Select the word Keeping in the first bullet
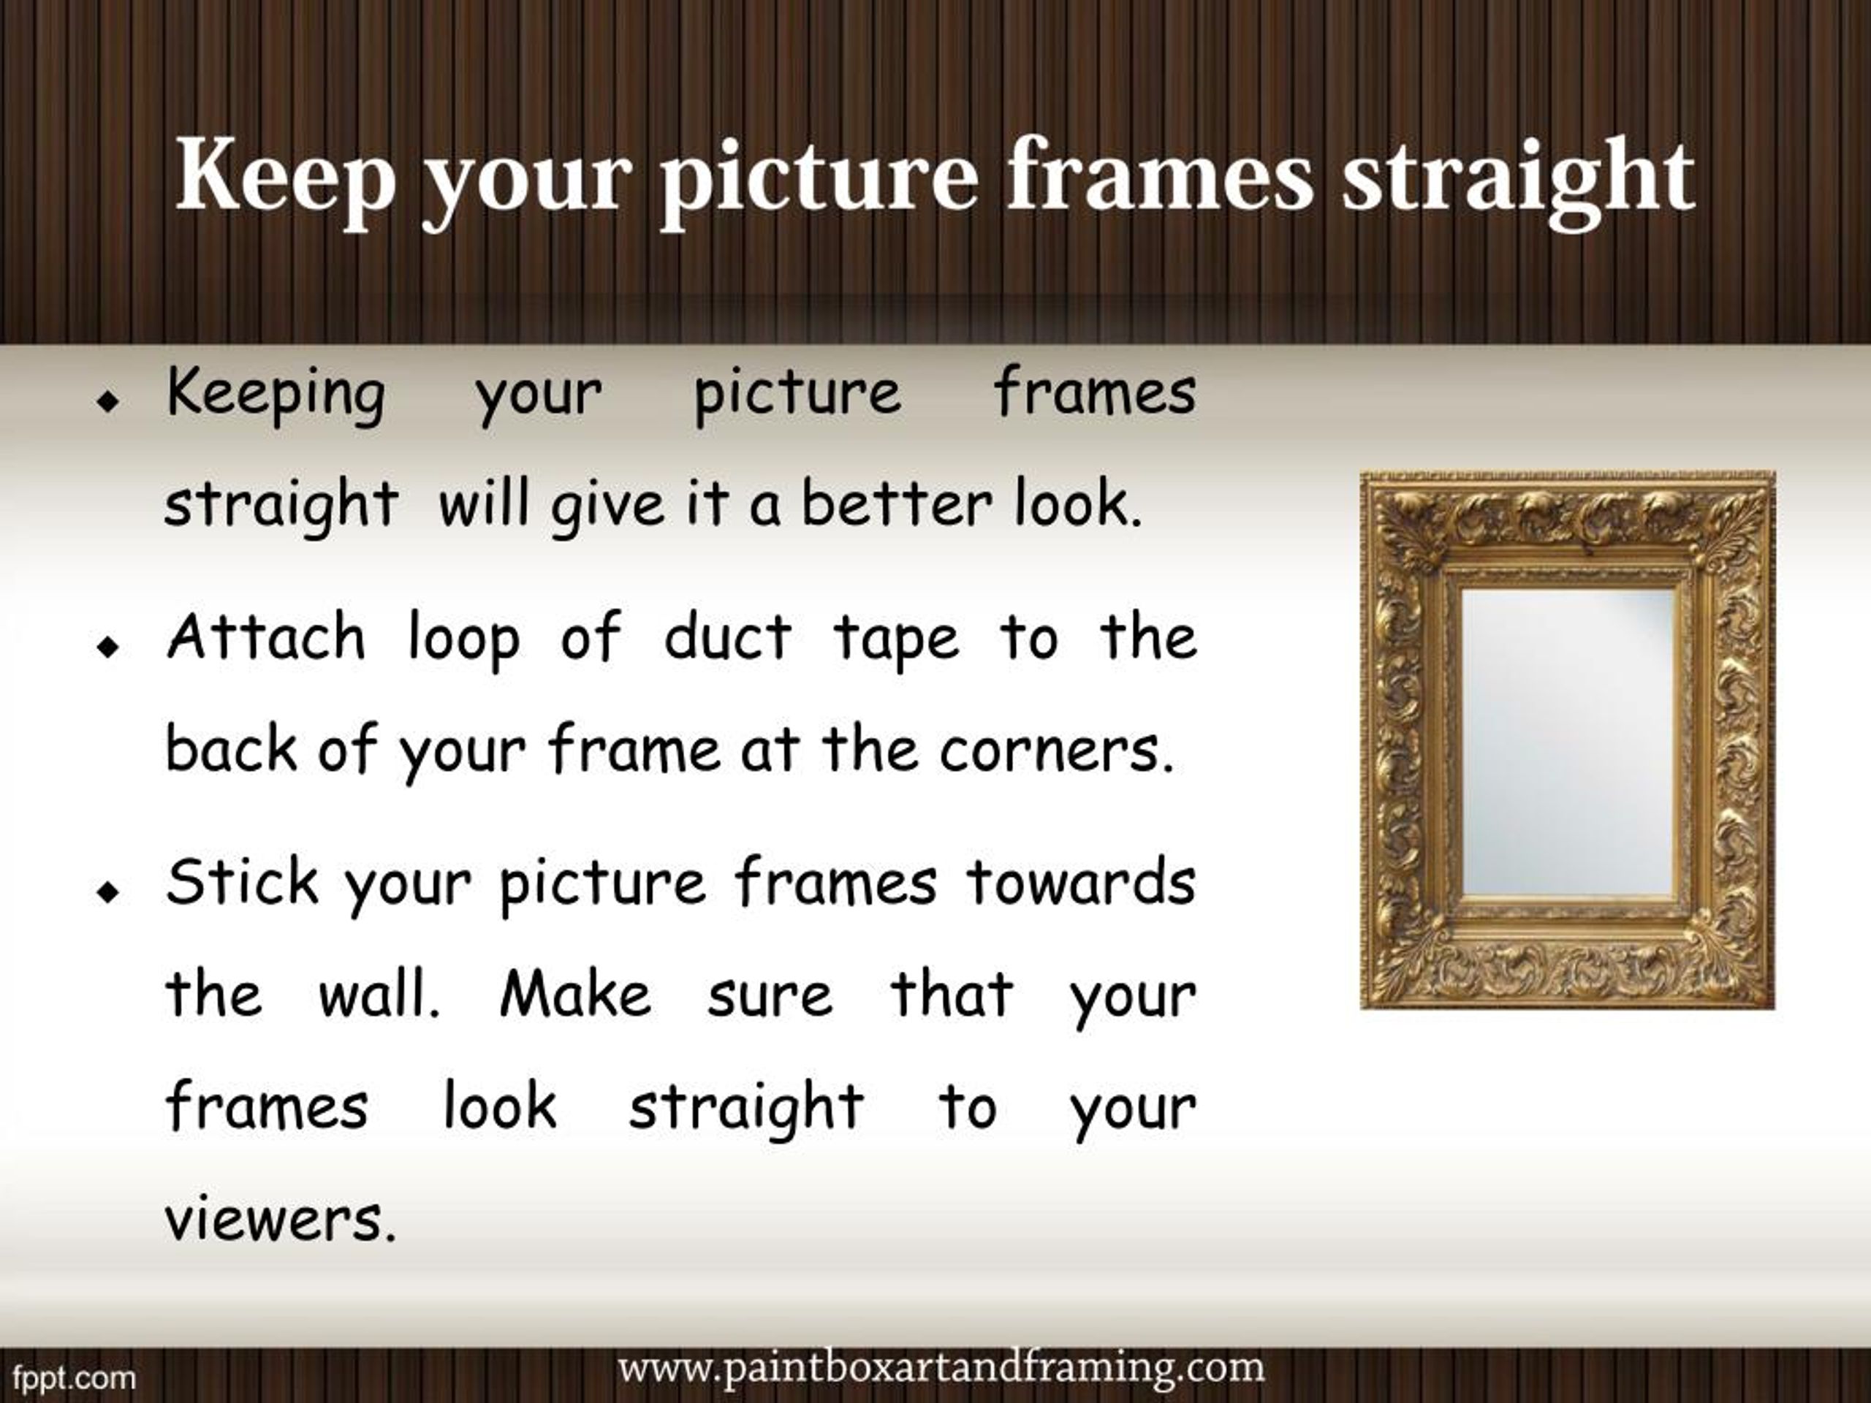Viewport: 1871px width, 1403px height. pos(276,395)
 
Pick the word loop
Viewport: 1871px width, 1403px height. pos(463,640)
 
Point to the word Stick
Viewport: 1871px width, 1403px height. pos(242,882)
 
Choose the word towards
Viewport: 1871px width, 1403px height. pos(1081,882)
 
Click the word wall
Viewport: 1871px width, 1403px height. pos(379,995)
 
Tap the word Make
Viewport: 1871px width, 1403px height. pos(575,995)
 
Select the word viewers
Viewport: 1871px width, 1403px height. pos(280,1220)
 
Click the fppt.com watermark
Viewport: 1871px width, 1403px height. pos(75,1377)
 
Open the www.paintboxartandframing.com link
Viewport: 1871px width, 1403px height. pos(941,1367)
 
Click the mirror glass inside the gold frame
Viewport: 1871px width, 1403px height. pos(1568,742)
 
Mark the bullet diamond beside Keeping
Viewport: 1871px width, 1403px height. pos(107,403)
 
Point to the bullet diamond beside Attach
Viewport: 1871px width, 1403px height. pos(107,648)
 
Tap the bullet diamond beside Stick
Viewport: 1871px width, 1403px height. pos(107,892)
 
